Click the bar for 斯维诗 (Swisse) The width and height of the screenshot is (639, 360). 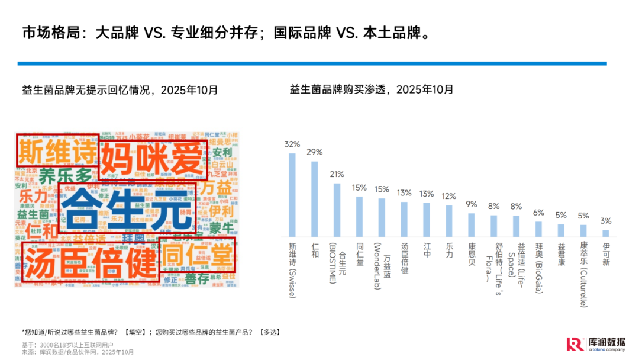point(292,195)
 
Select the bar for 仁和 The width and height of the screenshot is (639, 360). point(315,200)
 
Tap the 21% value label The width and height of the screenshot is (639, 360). point(337,174)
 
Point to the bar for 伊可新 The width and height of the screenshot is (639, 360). point(606,233)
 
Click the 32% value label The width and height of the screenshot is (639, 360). point(292,144)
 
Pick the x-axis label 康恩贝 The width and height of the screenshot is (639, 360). point(472,255)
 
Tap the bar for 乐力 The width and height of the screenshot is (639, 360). point(449,221)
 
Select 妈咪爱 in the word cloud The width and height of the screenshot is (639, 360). point(152,158)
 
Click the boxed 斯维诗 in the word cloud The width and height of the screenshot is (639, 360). point(57,152)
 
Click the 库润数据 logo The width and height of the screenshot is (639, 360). point(595,344)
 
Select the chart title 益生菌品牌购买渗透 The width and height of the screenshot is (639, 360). point(372,89)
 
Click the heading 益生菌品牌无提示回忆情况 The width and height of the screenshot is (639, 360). point(120,90)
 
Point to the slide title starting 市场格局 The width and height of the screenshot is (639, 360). point(225,32)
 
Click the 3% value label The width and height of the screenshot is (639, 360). point(606,221)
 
